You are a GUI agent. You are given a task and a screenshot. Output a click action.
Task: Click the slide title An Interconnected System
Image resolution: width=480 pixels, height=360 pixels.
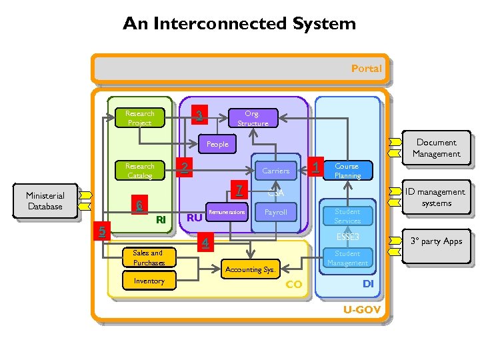pos(239,24)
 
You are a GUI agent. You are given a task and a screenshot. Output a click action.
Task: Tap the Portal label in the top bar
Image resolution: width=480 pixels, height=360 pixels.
pos(366,68)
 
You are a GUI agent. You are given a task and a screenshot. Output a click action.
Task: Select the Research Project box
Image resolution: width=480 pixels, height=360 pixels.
pos(139,118)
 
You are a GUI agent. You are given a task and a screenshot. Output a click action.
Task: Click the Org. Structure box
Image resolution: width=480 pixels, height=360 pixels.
pos(252,118)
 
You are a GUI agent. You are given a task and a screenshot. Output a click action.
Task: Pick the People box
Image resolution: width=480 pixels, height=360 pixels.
pos(217,144)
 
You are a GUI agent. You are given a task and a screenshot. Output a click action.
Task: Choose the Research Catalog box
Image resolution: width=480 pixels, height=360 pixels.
pos(139,171)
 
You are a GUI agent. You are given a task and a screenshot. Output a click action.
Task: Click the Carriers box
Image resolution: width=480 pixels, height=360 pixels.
pos(275,171)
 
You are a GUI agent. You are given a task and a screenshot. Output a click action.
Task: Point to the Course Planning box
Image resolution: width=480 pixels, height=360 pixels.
pos(347,171)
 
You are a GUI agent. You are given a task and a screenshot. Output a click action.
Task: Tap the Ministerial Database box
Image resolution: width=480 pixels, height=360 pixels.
pos(45,201)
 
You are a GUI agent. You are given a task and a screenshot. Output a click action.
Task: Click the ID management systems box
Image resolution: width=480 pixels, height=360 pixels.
pos(436,197)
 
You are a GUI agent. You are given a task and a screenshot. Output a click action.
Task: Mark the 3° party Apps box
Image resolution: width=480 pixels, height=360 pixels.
pos(436,241)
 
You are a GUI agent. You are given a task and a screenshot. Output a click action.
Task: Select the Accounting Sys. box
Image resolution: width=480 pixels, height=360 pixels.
pos(251,269)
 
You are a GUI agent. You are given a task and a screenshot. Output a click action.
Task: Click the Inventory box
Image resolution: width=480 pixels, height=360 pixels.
pos(149,281)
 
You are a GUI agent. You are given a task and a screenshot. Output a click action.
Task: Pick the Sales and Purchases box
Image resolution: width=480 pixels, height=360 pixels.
pos(148,257)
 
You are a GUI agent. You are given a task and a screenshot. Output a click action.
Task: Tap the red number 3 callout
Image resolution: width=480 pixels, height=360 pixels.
pos(198,116)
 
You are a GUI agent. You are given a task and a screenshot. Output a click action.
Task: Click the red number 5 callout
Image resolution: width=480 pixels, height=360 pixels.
pos(102,231)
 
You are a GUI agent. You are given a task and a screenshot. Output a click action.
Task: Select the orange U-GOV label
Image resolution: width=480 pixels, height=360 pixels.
pos(361,310)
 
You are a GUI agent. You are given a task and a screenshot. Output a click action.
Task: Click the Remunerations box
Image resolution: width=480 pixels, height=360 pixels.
pos(227,212)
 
